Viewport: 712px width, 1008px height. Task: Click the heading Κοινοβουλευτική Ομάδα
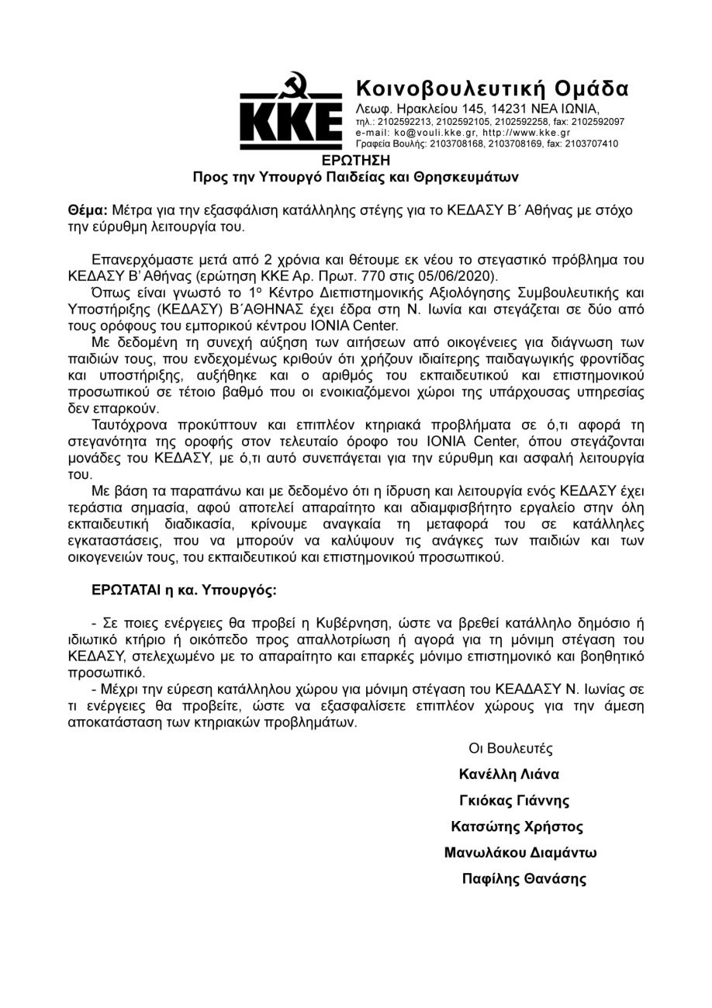click(x=492, y=88)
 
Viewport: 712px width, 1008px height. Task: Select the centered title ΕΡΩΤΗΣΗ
click(x=355, y=161)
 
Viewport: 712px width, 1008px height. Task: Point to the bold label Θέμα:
click(x=88, y=210)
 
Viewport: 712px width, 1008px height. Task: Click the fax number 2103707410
click(x=592, y=144)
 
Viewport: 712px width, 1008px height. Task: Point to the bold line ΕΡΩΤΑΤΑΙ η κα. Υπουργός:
click(x=184, y=590)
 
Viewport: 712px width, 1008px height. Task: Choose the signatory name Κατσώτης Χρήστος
click(x=517, y=826)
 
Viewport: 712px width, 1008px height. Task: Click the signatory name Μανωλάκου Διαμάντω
click(x=520, y=853)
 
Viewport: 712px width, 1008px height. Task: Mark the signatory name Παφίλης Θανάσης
click(x=524, y=879)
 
